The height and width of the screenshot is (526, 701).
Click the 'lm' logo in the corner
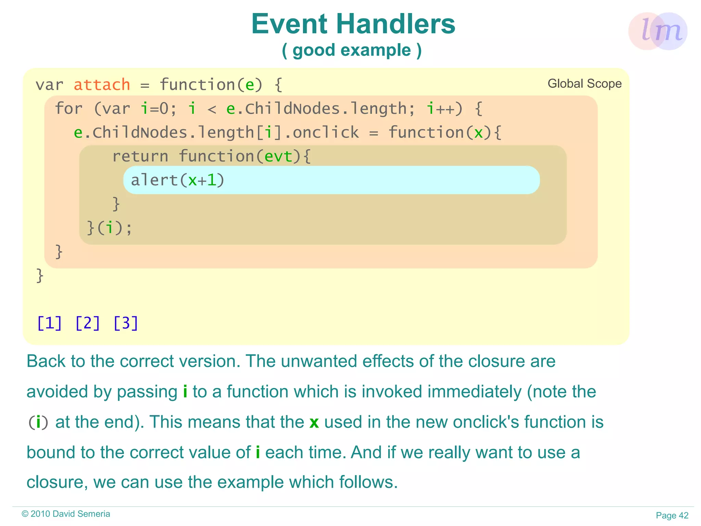(658, 31)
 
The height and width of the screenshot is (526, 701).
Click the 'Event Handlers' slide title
(353, 24)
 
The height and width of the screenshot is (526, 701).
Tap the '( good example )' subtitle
(352, 50)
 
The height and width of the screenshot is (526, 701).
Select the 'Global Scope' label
(584, 84)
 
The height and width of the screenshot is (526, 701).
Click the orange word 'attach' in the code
(102, 85)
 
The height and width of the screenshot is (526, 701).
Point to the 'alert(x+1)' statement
(177, 180)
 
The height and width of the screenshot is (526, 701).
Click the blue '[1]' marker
(50, 323)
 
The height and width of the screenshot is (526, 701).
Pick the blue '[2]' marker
(88, 323)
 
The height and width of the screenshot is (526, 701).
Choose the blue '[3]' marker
(126, 323)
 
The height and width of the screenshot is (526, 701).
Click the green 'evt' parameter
(279, 157)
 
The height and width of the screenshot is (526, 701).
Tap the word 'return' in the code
(140, 157)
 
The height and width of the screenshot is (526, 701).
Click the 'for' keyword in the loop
(68, 109)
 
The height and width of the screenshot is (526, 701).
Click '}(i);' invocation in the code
(110, 228)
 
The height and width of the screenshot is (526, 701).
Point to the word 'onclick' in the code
(326, 133)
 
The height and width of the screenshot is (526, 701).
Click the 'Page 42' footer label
(672, 515)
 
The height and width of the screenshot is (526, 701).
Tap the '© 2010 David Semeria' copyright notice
(66, 514)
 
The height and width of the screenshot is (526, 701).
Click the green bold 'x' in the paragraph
(314, 422)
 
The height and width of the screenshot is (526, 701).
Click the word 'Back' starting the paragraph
(46, 361)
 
